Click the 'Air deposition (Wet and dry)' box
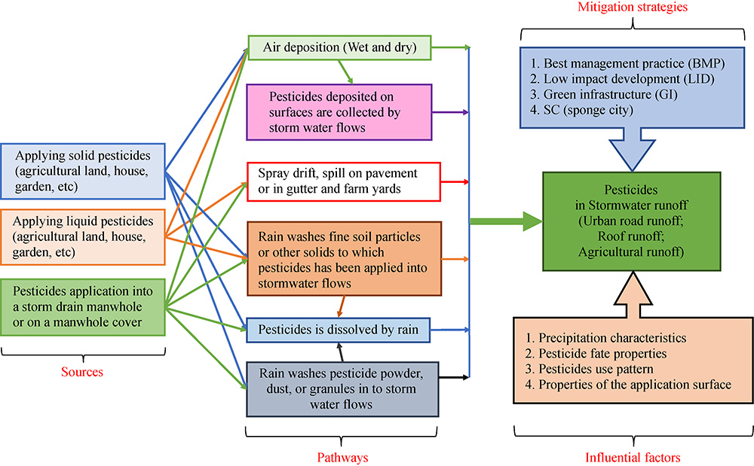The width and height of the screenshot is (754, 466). point(339,48)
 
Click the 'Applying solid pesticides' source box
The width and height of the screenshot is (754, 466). point(82,172)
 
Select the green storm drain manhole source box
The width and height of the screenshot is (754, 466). point(82,306)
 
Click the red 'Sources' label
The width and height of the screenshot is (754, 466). point(82,372)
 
